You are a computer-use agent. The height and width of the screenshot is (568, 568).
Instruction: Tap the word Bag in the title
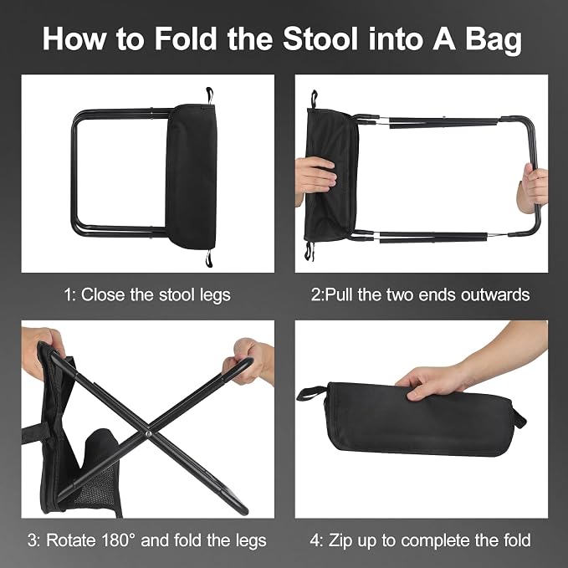[494, 40]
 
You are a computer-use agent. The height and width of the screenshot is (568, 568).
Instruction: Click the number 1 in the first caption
[68, 294]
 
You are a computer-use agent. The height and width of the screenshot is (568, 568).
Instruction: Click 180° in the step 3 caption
[114, 540]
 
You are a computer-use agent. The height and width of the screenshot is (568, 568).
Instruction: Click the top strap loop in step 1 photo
[209, 95]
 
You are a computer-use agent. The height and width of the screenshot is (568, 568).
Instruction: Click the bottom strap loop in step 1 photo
[209, 258]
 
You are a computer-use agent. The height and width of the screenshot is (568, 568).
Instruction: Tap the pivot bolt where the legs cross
[147, 433]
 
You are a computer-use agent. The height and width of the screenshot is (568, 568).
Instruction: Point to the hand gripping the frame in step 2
[533, 188]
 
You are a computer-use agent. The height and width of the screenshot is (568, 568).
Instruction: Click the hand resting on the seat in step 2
[315, 177]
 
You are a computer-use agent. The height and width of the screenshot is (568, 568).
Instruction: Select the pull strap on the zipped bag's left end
[310, 393]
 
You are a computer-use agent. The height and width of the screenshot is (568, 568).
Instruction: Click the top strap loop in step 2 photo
[314, 99]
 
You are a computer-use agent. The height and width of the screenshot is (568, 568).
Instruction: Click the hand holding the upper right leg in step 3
[250, 361]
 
